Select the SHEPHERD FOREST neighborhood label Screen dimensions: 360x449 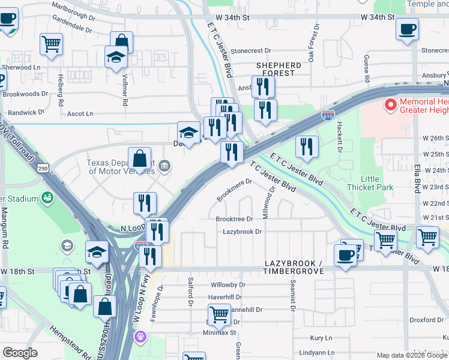point(279,68)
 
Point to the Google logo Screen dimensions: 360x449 point(20,353)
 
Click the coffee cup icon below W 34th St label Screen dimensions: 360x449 point(407,29)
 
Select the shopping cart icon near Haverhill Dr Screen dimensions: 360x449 point(219,313)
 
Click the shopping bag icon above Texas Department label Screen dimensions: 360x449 point(139,160)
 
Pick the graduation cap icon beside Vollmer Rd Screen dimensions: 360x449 point(116,57)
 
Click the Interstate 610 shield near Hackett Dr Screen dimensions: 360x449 point(328,115)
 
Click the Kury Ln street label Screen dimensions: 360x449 point(321,338)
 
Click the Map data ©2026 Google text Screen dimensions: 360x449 point(411,355)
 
